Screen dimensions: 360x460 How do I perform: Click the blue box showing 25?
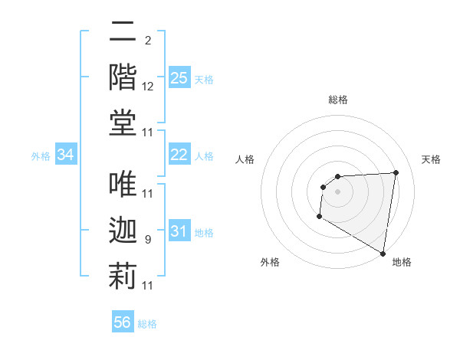179,78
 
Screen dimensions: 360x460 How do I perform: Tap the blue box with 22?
179,155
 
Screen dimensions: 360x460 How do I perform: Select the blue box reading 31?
179,231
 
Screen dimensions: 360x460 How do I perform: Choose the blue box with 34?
66,155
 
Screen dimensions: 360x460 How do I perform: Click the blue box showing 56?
123,322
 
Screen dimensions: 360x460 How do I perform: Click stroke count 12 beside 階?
148,87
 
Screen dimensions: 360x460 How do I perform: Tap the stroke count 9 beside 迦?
147,240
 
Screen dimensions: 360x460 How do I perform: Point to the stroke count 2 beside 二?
147,41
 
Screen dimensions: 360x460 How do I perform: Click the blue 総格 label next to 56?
147,324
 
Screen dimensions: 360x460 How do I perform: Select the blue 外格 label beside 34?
41,156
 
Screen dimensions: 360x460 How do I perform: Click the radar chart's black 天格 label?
432,159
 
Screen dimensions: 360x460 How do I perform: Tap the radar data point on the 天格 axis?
396,172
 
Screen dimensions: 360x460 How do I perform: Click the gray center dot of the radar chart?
337,191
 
